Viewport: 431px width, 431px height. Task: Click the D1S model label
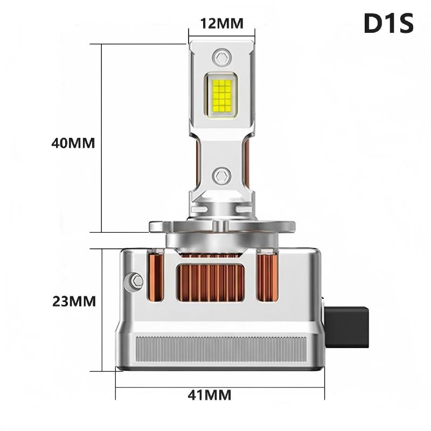(x=388, y=23)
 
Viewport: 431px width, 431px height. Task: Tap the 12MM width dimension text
(x=221, y=23)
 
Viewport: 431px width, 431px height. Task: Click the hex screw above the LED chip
(x=221, y=56)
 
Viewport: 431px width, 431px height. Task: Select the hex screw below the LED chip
(x=221, y=175)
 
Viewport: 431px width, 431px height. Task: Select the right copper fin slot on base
(x=267, y=277)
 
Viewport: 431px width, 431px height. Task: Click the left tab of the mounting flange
(x=157, y=226)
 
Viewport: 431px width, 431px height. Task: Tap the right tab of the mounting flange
(x=286, y=226)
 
